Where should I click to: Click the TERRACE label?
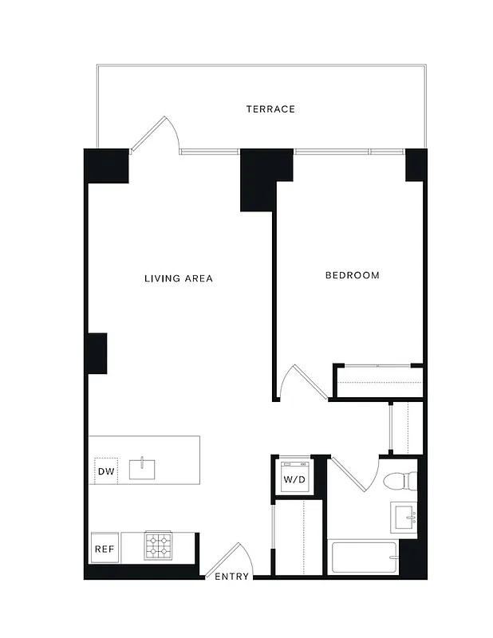click(270, 108)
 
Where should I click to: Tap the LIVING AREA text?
click(178, 278)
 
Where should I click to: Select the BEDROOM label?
click(352, 275)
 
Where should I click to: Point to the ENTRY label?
click(231, 577)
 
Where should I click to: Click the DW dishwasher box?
click(105, 472)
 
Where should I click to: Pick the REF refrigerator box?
click(104, 549)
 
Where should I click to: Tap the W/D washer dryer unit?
click(294, 478)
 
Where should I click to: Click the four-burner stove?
click(157, 546)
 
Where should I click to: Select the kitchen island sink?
click(143, 468)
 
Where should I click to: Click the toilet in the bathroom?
click(399, 481)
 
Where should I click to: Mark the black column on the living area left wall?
click(97, 353)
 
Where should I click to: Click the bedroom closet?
click(377, 380)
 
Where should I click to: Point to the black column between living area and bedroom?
click(262, 178)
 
